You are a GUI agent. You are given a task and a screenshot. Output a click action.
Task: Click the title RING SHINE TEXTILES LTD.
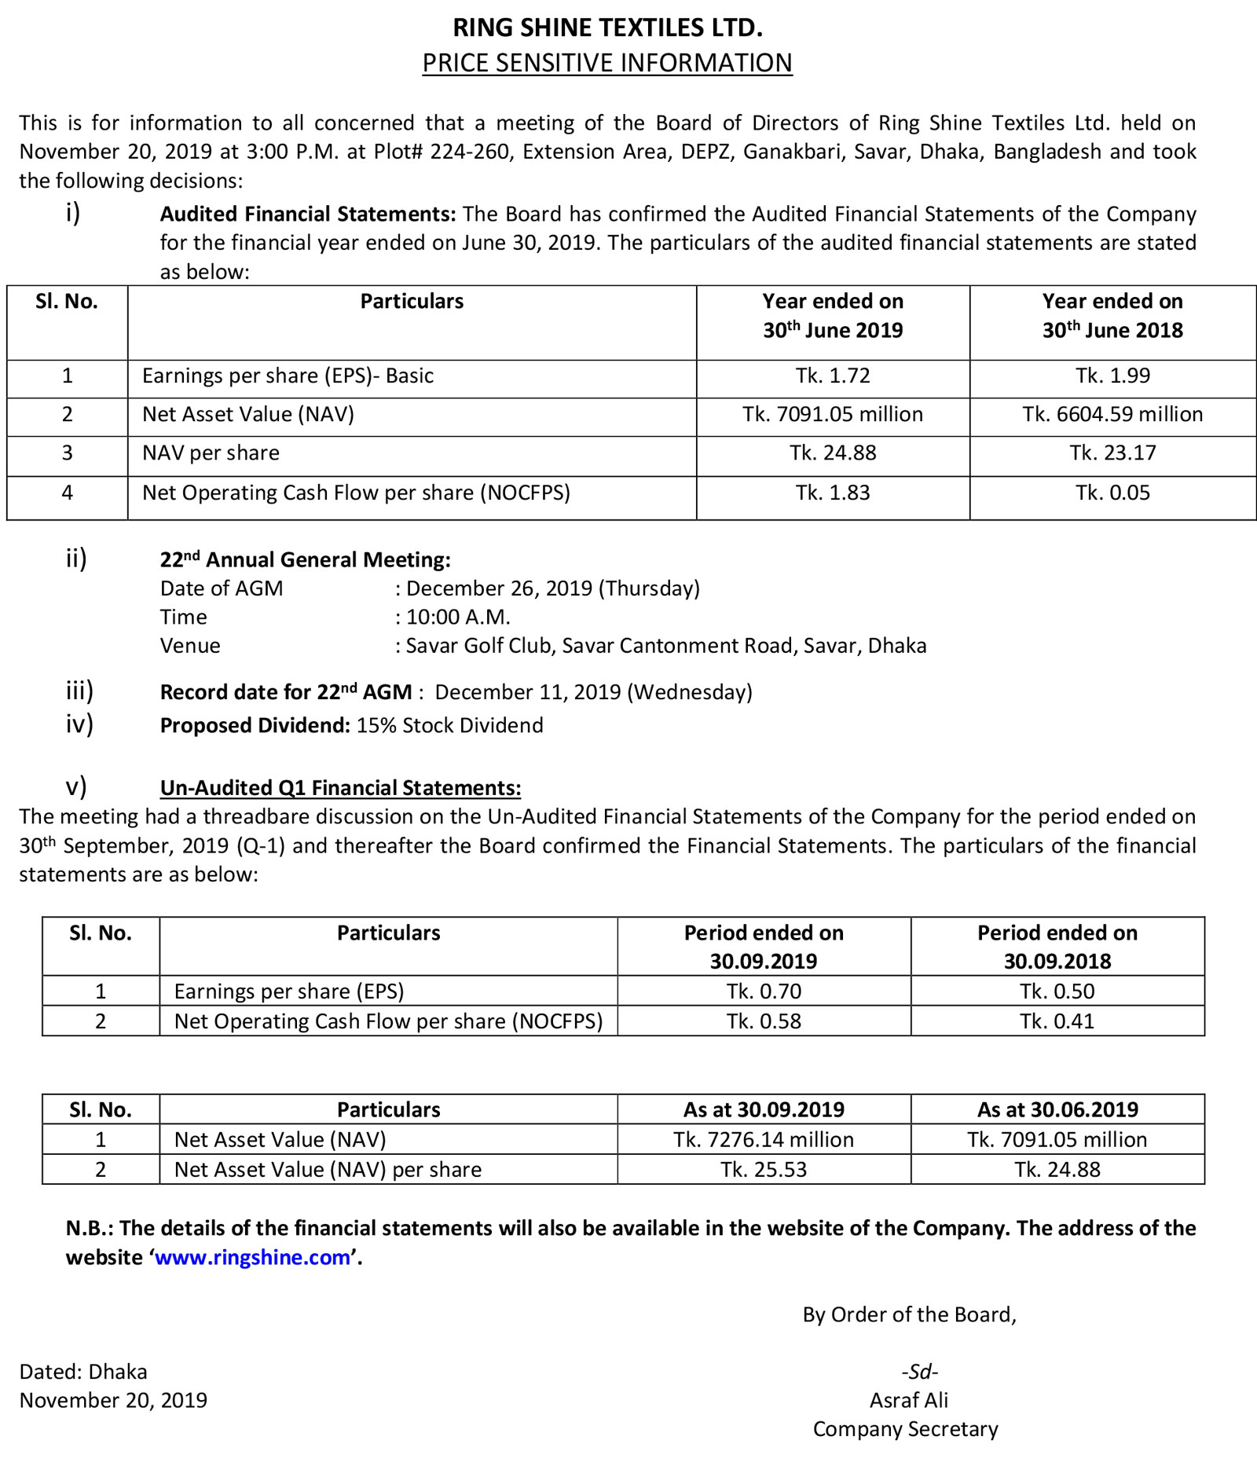click(x=607, y=27)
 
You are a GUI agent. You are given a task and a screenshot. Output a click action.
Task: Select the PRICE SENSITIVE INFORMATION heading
click(x=607, y=63)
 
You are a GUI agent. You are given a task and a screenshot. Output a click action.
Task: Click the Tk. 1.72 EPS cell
click(x=833, y=376)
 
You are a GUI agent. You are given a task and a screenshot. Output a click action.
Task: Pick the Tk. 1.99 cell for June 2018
click(x=1112, y=376)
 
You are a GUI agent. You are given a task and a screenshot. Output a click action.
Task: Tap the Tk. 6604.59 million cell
click(x=1112, y=414)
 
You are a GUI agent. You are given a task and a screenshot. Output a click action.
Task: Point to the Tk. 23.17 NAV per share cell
click(x=1112, y=453)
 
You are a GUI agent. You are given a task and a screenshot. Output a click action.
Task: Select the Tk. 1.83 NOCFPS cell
click(x=833, y=493)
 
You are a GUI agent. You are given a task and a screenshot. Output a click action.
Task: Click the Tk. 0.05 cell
click(x=1112, y=493)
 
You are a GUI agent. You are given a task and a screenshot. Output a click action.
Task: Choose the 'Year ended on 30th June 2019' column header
click(x=833, y=316)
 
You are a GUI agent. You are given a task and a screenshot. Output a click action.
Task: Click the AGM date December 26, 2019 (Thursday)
click(x=552, y=588)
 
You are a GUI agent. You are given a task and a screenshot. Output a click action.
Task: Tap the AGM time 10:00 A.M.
click(x=458, y=617)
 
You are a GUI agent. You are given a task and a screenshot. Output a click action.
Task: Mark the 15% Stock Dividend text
click(x=449, y=725)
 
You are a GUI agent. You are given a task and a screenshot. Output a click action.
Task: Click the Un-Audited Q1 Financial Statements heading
click(x=340, y=788)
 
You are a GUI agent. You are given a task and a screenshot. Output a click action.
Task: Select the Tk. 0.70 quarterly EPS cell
click(x=764, y=991)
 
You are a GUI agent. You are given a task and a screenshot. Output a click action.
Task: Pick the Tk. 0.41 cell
click(x=1057, y=1021)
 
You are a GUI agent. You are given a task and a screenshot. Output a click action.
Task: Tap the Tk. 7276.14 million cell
click(x=764, y=1140)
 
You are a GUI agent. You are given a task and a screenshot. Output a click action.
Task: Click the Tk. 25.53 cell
click(x=764, y=1170)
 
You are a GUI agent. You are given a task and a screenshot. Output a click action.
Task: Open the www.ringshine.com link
click(x=252, y=1257)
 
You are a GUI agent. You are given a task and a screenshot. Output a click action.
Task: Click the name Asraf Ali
click(x=908, y=1400)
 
